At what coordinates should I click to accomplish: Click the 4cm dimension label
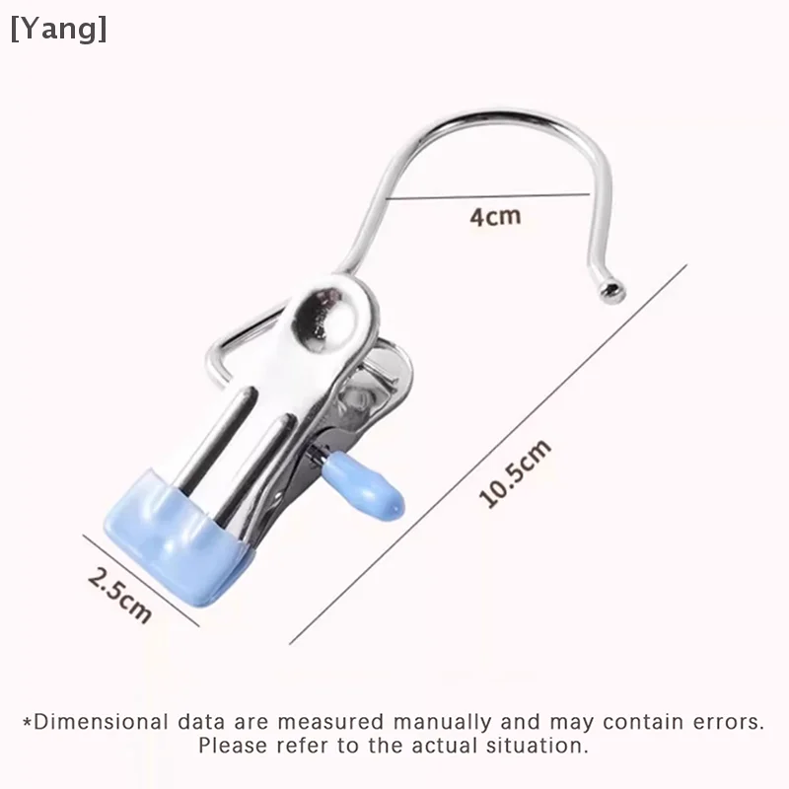coord(494,214)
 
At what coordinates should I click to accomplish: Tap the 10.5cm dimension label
coord(515,474)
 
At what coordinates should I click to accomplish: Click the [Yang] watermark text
coord(58,29)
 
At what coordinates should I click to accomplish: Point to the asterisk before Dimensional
coord(27,721)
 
